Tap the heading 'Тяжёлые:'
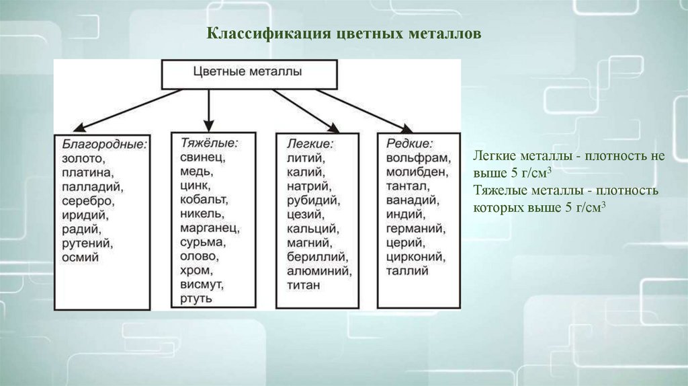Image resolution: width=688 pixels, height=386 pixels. coord(209,143)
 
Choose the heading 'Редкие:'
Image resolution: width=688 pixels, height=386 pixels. coord(410,143)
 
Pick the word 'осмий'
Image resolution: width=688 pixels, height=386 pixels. coord(81,257)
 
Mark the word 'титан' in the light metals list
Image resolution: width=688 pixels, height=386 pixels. coord(303,285)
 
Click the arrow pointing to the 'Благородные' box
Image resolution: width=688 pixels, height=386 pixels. coord(128,109)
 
